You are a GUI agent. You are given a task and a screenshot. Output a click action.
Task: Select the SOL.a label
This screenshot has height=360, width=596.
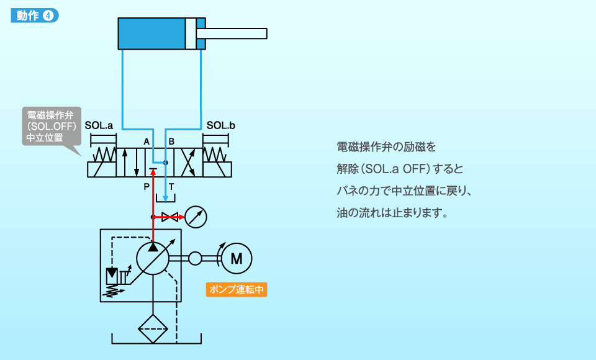click(x=99, y=125)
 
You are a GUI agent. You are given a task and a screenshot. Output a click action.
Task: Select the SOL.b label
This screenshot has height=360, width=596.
click(x=221, y=125)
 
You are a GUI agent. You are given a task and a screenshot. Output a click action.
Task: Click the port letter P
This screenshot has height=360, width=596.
click(x=147, y=186)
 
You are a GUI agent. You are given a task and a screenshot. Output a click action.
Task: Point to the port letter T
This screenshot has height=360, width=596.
click(x=171, y=186)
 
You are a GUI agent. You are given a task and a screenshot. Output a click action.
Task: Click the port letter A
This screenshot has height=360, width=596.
click(x=147, y=142)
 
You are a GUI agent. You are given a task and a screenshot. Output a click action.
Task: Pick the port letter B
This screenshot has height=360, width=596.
click(x=171, y=142)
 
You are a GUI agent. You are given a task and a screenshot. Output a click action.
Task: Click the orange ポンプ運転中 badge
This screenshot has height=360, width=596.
click(x=237, y=290)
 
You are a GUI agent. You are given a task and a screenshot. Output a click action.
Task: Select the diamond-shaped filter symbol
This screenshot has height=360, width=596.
click(x=153, y=326)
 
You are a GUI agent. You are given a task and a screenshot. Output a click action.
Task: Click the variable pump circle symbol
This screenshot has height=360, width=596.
click(x=153, y=258)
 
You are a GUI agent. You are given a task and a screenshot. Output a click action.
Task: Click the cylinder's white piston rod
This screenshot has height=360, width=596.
click(x=236, y=33)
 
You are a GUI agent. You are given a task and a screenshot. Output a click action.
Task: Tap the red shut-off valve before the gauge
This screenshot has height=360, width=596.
click(x=169, y=217)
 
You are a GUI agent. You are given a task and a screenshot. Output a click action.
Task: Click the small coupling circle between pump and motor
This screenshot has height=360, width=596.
click(x=196, y=258)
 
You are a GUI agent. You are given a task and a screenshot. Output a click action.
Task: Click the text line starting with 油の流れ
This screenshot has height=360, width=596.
click(x=392, y=213)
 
